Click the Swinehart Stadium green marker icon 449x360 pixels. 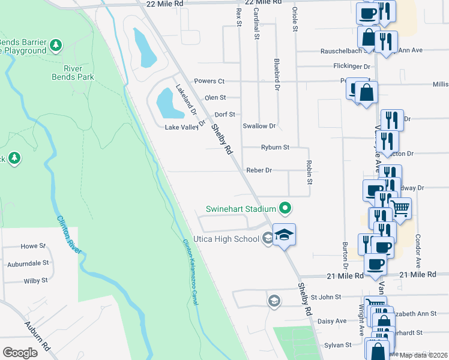tap(286, 209)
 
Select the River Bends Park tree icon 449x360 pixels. tap(56, 45)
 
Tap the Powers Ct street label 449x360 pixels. tap(209, 81)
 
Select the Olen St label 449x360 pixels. tap(215, 97)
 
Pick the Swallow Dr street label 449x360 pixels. tap(259, 126)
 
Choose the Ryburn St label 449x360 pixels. tap(275, 147)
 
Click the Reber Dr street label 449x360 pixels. tap(259, 170)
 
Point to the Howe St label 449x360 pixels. tap(34, 246)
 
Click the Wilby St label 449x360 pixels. tap(35, 281)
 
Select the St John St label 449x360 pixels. tap(325, 296)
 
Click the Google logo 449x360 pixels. tap(20, 353)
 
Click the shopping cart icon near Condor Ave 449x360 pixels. tap(400, 208)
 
